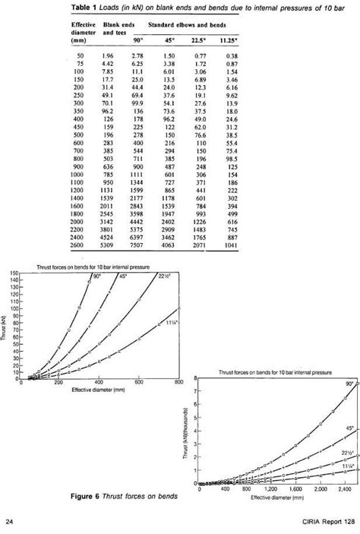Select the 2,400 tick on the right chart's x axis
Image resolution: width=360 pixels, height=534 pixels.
pyautogui.click(x=340, y=491)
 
